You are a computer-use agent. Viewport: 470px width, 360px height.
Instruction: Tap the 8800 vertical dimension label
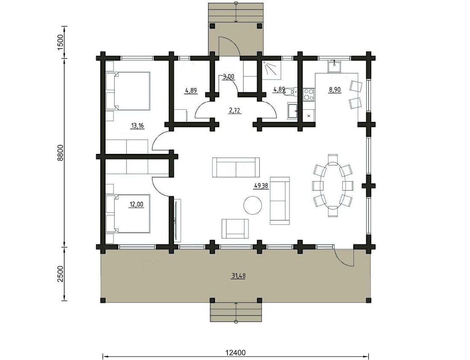pos(61,153)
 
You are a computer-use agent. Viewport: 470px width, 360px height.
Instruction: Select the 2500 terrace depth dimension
pos(61,274)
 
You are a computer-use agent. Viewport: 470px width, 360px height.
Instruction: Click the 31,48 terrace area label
pos(238,276)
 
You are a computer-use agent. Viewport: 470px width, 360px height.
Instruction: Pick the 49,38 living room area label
pos(261,186)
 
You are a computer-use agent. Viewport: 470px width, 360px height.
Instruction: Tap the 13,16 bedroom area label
pos(138,126)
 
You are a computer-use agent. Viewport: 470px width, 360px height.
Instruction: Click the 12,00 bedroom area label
pos(136,205)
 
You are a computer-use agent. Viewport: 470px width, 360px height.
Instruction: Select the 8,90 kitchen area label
pos(335,89)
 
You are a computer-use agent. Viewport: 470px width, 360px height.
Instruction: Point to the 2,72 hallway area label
pos(235,111)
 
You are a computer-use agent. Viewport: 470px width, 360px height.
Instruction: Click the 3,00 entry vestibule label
pos(229,77)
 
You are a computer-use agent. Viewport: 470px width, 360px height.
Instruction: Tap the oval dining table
pos(333,185)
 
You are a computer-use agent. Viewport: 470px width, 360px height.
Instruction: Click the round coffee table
pos(253,205)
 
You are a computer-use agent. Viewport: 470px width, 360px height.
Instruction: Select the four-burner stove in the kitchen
pos(309,94)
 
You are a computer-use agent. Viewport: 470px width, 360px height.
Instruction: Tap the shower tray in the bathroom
pos(272,70)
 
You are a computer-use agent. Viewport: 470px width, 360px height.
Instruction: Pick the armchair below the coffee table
pos(235,229)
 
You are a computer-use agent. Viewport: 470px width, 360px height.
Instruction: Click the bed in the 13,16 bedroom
pos(128,91)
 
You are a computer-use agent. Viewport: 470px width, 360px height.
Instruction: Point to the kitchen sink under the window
pos(334,66)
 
